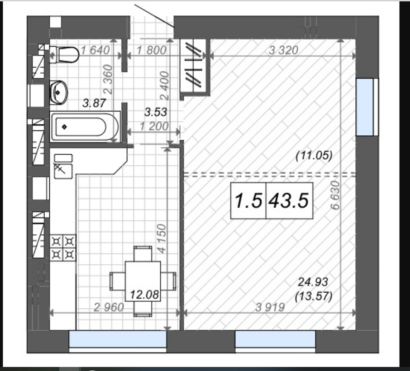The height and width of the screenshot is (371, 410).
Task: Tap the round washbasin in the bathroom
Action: pos(58,92)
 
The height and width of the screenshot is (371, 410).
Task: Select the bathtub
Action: pos(85,127)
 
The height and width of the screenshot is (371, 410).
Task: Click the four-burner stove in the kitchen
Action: pos(63,248)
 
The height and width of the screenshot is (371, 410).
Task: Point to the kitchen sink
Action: pos(63,171)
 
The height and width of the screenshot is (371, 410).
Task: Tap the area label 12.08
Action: pos(144,295)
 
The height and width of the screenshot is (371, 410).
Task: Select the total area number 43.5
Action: pos(289,201)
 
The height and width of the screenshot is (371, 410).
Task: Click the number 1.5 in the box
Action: pos(248,201)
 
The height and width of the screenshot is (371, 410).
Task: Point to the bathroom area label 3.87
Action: pos(94,103)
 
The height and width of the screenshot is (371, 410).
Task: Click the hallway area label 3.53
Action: pos(156,112)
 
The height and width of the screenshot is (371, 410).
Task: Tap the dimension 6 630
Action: pos(335,195)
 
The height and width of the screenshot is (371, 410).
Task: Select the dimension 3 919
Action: pos(270,307)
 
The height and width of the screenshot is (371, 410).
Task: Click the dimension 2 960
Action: pos(109,307)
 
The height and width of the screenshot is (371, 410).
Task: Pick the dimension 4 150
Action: pos(162,238)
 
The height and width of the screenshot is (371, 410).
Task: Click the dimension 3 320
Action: pos(283,50)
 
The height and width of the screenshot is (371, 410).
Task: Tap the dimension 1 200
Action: pos(154,127)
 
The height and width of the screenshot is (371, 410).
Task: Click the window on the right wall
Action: pos(367,107)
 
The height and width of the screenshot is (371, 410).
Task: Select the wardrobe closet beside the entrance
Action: pos(195,67)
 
